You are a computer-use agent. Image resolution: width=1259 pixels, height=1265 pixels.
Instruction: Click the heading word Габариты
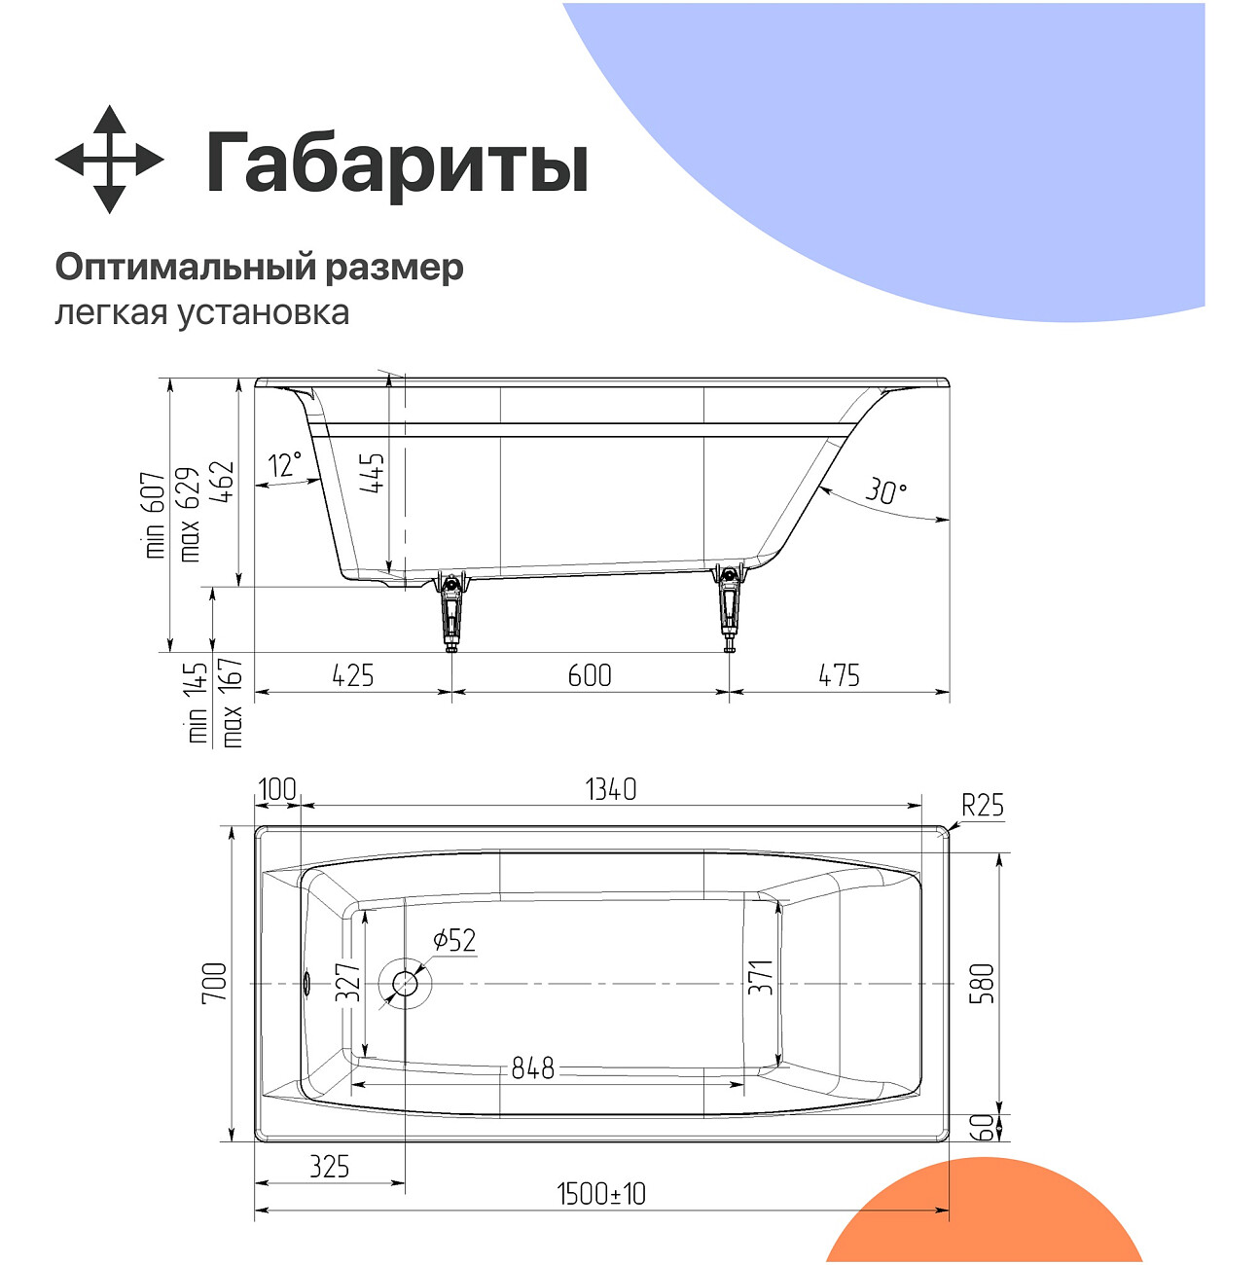click(x=397, y=163)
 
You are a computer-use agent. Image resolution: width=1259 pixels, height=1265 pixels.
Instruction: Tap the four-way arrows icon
click(x=109, y=160)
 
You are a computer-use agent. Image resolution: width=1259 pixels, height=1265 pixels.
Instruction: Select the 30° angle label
click(x=885, y=491)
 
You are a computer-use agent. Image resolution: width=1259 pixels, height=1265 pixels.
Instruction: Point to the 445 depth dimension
click(x=373, y=474)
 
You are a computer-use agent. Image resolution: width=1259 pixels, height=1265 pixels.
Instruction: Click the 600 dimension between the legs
click(x=590, y=675)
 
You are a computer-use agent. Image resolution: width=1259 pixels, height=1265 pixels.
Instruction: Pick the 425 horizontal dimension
click(x=352, y=675)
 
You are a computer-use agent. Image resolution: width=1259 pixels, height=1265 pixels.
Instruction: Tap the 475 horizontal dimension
click(x=839, y=675)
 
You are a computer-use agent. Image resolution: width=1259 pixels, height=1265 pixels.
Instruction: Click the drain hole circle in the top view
click(x=405, y=984)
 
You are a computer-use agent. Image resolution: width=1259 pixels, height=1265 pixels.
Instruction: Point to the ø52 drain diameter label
click(x=454, y=940)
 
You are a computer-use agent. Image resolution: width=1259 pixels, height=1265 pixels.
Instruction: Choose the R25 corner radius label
click(x=983, y=806)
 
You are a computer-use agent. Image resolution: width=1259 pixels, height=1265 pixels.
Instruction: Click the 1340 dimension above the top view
click(x=611, y=789)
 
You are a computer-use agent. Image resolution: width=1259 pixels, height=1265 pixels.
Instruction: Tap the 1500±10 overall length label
click(x=601, y=1194)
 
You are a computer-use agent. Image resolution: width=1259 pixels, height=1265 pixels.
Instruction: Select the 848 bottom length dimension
click(x=533, y=1068)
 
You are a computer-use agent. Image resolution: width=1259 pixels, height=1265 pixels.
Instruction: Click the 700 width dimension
click(x=214, y=983)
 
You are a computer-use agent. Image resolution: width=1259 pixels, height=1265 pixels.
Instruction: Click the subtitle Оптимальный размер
click(x=259, y=267)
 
